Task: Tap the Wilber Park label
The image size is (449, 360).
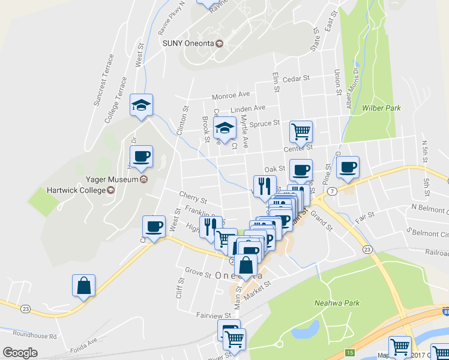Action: pos(381,108)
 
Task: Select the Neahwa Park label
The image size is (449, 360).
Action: pos(337,303)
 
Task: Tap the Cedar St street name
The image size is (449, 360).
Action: pos(295,78)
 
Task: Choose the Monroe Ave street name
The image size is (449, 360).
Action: pos(231,95)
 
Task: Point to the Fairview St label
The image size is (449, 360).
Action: pos(214,314)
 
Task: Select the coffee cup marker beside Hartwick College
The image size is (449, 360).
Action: pos(142,157)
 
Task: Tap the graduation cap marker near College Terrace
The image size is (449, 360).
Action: pos(142,106)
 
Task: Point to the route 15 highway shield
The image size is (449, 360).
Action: pos(350,352)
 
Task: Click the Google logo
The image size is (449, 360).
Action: pos(20,353)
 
